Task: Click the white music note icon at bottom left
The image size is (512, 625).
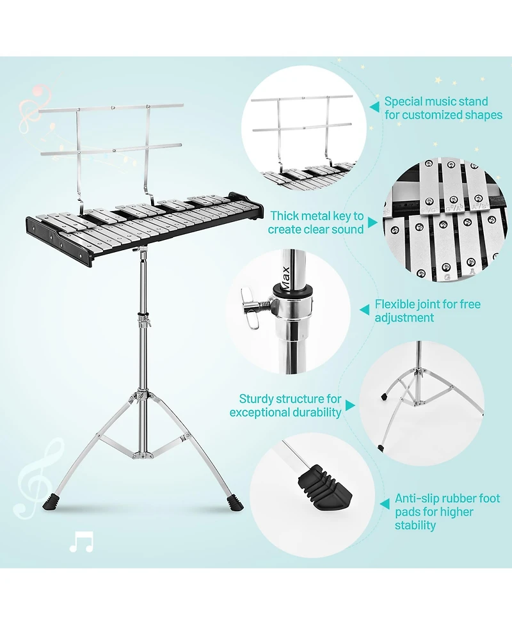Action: [81, 542]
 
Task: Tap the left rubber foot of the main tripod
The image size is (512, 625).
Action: [51, 503]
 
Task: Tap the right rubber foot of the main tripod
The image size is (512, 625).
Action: [236, 503]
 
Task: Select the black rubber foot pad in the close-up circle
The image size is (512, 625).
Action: [324, 487]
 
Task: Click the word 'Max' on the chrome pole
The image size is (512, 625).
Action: [285, 274]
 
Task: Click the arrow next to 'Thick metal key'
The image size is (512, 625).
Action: [372, 223]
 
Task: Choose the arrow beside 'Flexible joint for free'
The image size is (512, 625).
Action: [364, 310]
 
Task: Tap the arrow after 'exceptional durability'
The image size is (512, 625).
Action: [350, 406]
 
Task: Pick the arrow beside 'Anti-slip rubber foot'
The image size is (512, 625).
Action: [385, 504]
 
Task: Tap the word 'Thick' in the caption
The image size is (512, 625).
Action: [284, 216]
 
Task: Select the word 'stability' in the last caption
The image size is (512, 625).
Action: [415, 525]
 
